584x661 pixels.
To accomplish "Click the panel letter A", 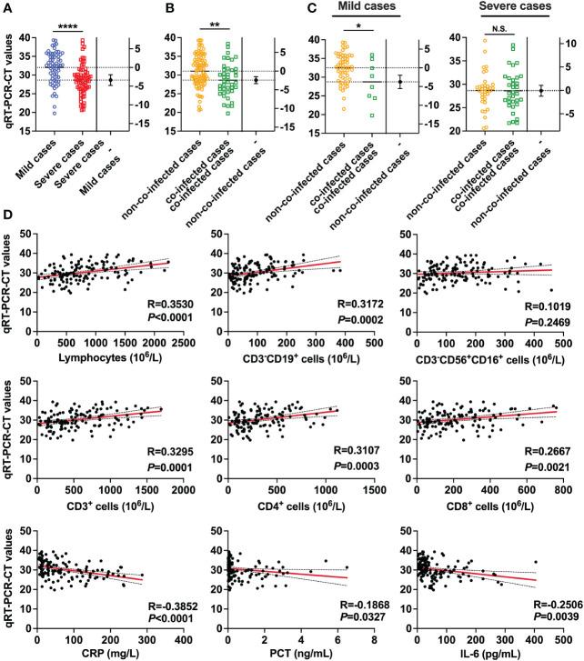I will pos(8,7).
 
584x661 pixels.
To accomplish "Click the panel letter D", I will pos(8,218).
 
